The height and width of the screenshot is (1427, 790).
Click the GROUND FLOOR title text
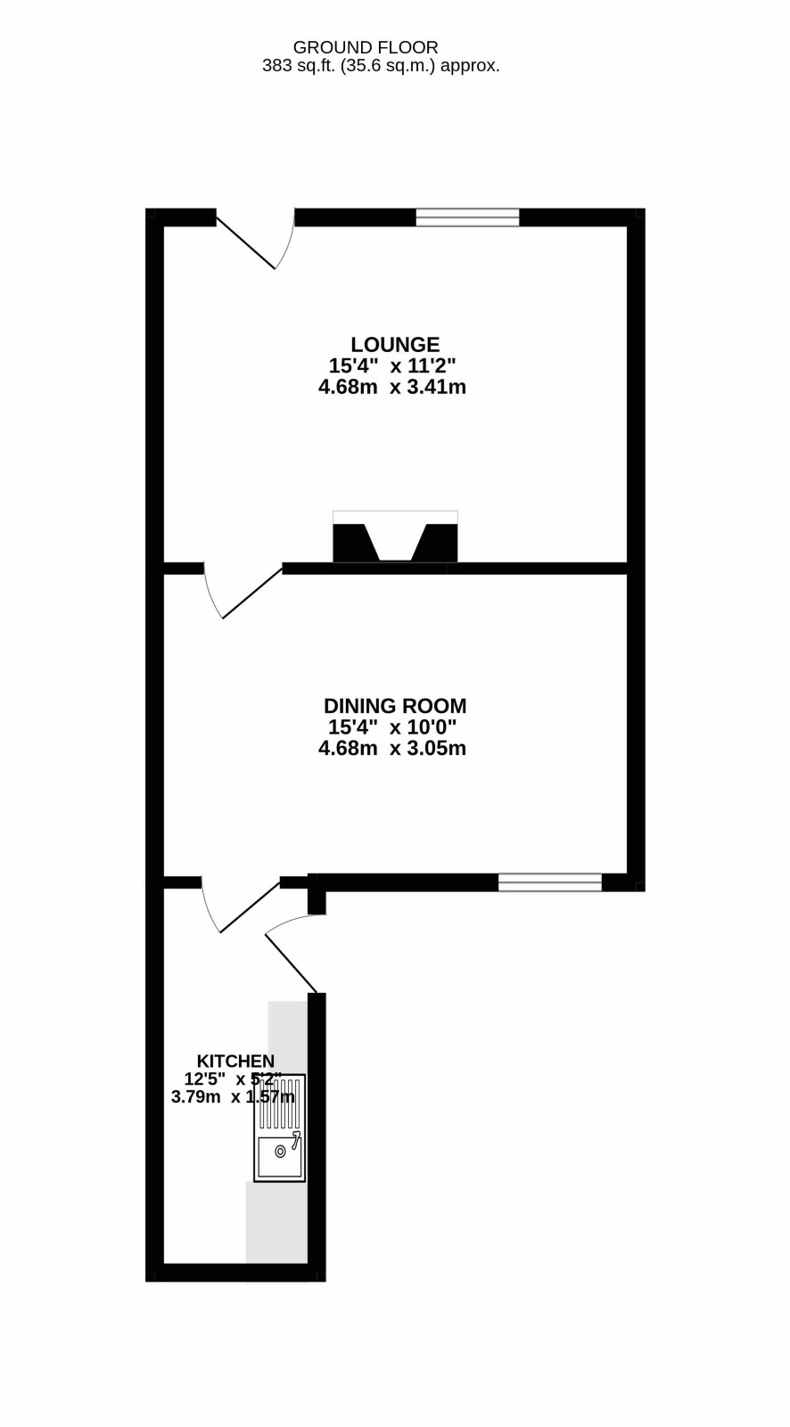point(366,47)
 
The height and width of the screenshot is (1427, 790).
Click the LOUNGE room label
point(395,345)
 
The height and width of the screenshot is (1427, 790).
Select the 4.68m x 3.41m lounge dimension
point(392,387)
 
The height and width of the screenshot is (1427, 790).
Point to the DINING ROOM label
point(395,706)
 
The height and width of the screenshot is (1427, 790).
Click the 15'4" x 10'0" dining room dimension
point(392,727)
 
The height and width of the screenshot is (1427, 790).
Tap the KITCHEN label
point(235,1062)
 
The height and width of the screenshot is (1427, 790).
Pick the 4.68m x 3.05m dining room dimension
point(392,748)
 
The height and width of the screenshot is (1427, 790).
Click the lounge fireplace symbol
point(395,537)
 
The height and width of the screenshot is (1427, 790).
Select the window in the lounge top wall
point(467,217)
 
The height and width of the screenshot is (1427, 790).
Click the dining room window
point(550,882)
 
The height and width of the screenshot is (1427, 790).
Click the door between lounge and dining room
point(243,590)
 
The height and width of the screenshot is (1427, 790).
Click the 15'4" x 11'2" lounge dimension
point(392,365)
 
